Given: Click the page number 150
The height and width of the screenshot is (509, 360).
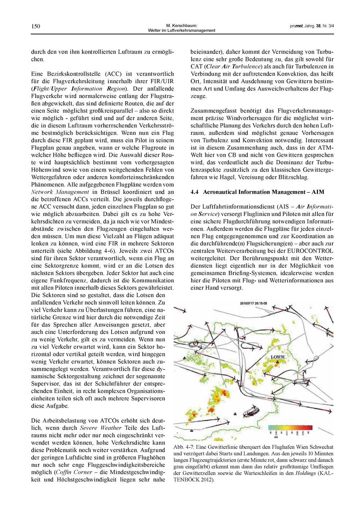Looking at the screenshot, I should pos(36,26).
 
